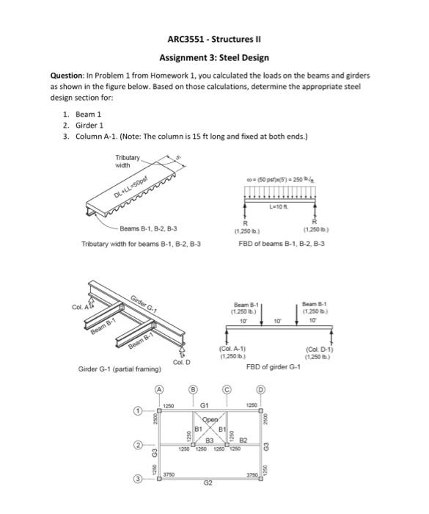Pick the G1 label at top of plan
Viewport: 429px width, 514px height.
point(206,404)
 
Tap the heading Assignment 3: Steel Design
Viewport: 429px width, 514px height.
point(214,57)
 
